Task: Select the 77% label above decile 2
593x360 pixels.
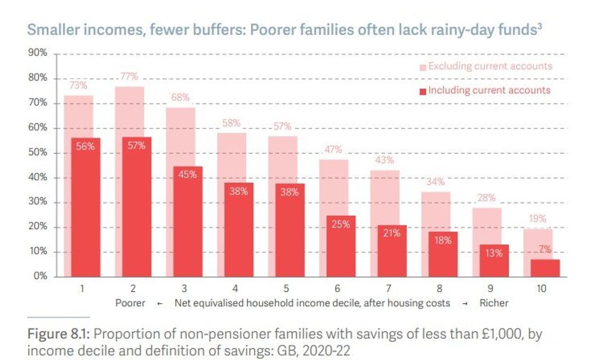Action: pyautogui.click(x=129, y=77)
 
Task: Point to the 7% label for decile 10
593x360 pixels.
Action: pyautogui.click(x=545, y=249)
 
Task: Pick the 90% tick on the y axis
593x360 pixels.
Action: pyautogui.click(x=38, y=53)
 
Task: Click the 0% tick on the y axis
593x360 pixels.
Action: pyautogui.click(x=41, y=277)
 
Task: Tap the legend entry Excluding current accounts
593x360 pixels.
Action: pyautogui.click(x=490, y=66)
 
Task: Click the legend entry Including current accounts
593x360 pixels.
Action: pyautogui.click(x=489, y=90)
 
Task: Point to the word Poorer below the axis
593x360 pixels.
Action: pyautogui.click(x=130, y=303)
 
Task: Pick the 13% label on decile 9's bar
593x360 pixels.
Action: pyautogui.click(x=494, y=254)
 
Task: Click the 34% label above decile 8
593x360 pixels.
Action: pyautogui.click(x=435, y=182)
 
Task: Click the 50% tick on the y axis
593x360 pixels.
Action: pyautogui.click(x=38, y=152)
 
